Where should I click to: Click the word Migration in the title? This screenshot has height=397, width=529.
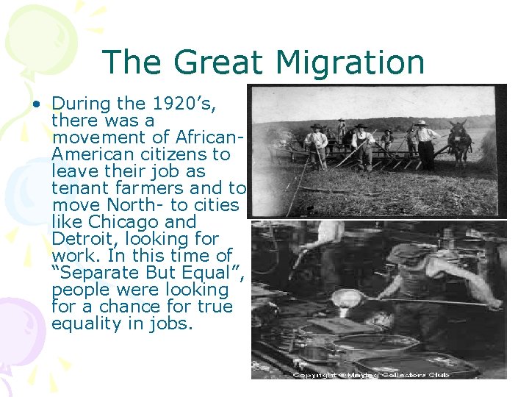(346, 63)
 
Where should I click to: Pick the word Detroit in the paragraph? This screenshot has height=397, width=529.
(80, 239)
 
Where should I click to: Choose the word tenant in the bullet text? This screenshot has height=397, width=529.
(76, 188)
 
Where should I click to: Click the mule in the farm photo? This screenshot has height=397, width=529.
(460, 144)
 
